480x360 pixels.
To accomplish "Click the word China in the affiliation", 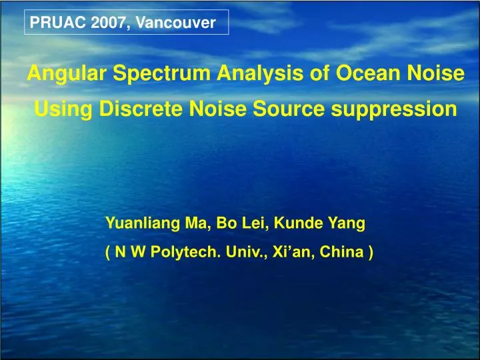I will coord(343,253).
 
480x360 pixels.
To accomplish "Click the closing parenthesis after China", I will coord(370,253).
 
